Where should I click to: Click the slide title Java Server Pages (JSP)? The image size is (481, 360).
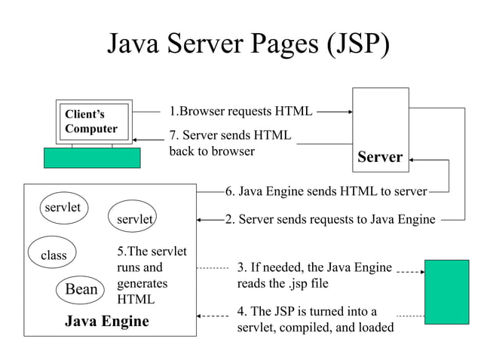point(249,44)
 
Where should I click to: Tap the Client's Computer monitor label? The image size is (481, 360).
point(91,121)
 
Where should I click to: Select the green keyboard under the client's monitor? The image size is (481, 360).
point(92,157)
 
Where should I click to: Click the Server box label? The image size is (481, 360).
point(380,157)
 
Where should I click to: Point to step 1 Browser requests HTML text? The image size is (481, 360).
point(240,111)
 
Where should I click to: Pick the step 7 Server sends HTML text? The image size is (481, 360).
point(231,142)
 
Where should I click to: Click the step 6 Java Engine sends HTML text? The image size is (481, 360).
point(326,191)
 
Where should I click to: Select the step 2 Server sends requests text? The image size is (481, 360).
point(330,219)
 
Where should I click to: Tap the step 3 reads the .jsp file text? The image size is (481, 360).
point(314,275)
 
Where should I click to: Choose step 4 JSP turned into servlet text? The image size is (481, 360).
point(315,319)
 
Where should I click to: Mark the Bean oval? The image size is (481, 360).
point(81,289)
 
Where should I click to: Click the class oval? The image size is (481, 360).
point(54,255)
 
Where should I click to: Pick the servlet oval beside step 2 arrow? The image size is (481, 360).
point(134,218)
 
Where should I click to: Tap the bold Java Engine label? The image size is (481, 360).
point(107,322)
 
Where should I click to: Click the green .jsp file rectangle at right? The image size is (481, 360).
point(446,291)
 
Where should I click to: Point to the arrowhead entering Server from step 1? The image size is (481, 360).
point(349,111)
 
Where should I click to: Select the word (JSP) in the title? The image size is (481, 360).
point(357,44)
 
